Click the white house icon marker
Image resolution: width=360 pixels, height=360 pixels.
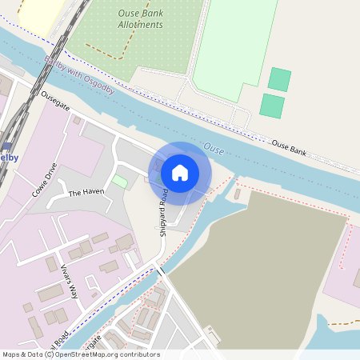(x=180, y=172)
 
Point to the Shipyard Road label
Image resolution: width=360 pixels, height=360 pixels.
(x=164, y=212)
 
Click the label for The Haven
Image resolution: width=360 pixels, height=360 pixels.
(x=86, y=193)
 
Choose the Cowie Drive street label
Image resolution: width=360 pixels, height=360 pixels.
(x=45, y=180)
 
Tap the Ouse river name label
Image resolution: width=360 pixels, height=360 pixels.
(x=214, y=148)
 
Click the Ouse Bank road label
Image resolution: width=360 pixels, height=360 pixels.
(x=290, y=146)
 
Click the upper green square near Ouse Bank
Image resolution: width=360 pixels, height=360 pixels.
(x=279, y=79)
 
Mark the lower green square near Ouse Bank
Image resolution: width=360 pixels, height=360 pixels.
(x=272, y=106)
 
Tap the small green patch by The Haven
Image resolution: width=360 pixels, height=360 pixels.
(x=119, y=182)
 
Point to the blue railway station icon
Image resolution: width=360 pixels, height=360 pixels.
(x=6, y=146)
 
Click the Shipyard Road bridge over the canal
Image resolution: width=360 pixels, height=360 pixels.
(x=160, y=270)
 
